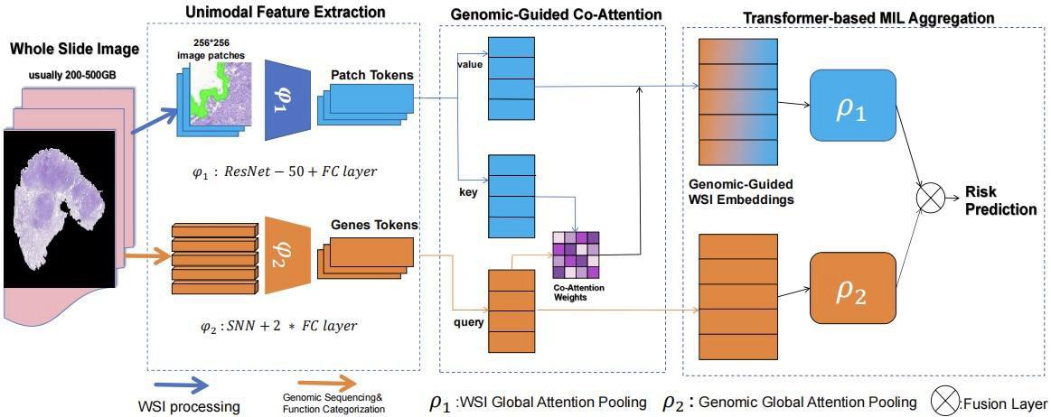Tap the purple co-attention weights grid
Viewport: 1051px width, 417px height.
click(x=575, y=255)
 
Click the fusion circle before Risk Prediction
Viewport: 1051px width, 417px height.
click(x=930, y=199)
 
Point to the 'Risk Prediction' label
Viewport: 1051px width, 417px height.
click(x=1000, y=200)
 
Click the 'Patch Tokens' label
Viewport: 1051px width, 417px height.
click(x=372, y=74)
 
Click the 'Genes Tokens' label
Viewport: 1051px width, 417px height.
click(x=373, y=225)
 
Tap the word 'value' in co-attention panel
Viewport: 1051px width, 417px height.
click(x=468, y=64)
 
